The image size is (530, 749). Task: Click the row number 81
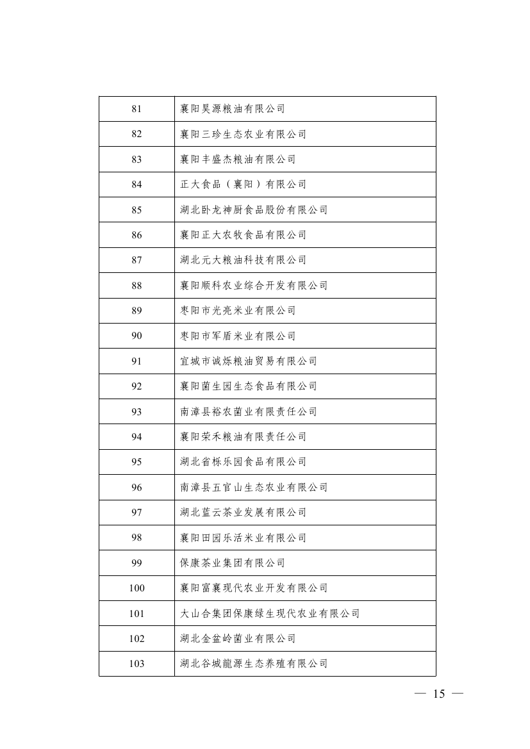click(x=137, y=109)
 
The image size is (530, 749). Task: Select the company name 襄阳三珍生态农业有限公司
click(x=243, y=134)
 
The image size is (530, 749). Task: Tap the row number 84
click(x=137, y=185)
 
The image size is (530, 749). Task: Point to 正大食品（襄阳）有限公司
click(x=243, y=185)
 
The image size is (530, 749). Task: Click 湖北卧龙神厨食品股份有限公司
click(x=254, y=210)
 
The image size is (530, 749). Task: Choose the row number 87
click(x=137, y=260)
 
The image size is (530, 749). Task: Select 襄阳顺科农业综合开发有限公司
click(x=254, y=285)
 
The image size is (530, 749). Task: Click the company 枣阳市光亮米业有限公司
click(x=238, y=311)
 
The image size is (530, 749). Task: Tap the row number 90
click(x=137, y=336)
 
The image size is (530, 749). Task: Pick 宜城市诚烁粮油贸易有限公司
click(x=249, y=361)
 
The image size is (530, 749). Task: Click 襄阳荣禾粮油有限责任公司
click(x=243, y=437)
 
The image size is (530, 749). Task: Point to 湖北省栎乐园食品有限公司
click(x=243, y=462)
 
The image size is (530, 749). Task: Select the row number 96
click(x=137, y=488)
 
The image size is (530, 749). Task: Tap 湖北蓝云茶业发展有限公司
click(x=243, y=513)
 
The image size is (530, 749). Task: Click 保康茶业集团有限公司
click(x=233, y=563)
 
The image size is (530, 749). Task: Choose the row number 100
click(x=137, y=588)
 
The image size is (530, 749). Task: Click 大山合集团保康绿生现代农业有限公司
click(x=270, y=614)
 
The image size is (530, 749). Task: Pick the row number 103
click(x=137, y=664)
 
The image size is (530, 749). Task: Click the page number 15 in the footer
click(x=439, y=695)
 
